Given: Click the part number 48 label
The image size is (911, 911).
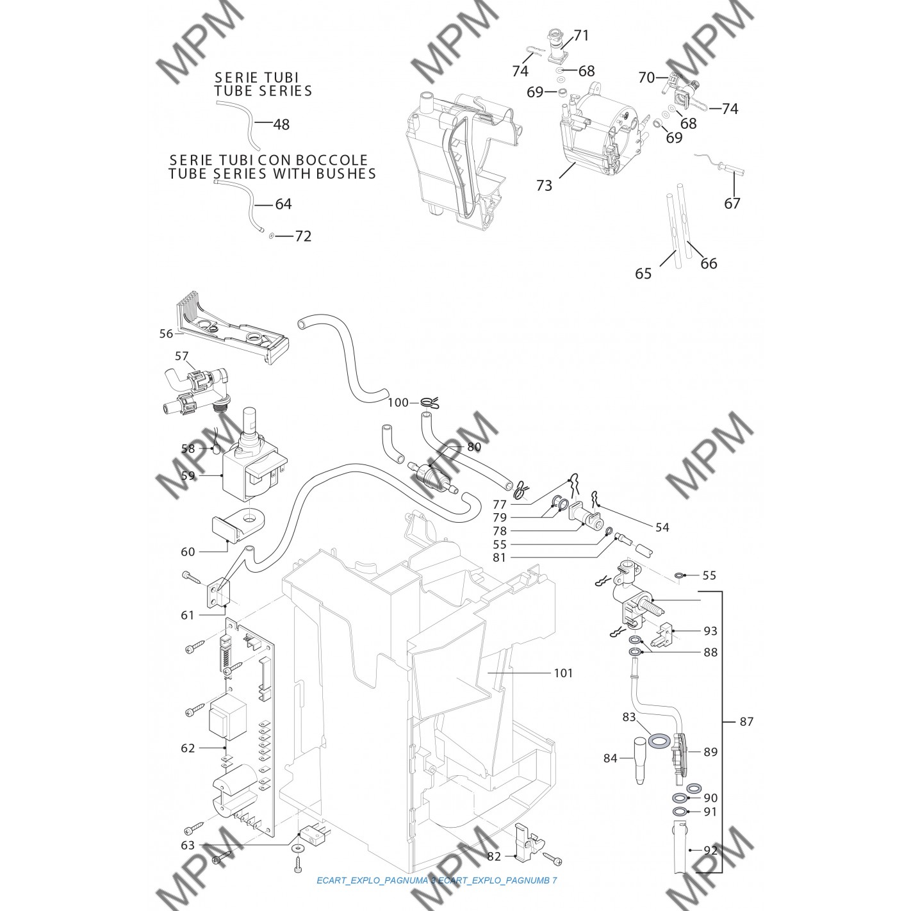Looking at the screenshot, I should (281, 124).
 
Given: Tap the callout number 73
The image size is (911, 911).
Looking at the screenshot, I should (544, 186).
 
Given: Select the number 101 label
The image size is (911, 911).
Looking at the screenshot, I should (564, 673).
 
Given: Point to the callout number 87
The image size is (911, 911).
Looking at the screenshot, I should (746, 721).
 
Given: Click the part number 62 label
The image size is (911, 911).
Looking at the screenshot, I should (188, 748).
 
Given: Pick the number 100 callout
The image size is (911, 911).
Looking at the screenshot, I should (398, 403).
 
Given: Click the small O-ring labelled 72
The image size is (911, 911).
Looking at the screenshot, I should (272, 236).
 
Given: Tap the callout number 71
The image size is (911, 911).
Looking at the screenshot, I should (581, 36).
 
